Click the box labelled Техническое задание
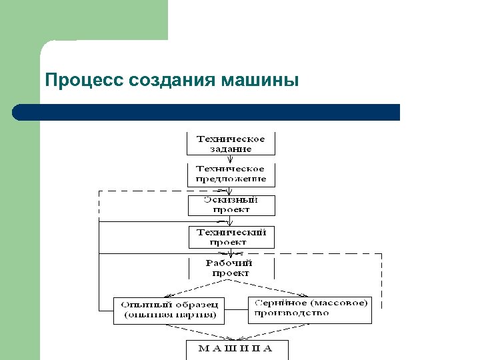pos(231,143)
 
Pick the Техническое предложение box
pos(231,174)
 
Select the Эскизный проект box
pos(231,205)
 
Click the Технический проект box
pos(231,237)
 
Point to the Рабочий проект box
pos(231,268)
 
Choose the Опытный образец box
pos(169,310)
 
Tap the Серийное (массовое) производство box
pos(310,309)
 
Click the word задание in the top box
pos(231,149)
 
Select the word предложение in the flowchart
pos(231,179)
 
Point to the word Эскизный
pos(231,200)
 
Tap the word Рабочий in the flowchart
pos(231,263)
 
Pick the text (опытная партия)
pos(169,315)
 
